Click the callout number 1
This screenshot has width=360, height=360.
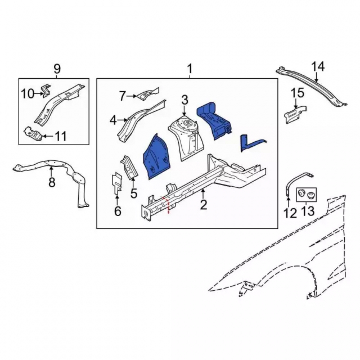click(190, 69)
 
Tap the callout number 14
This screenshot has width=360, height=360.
click(318, 67)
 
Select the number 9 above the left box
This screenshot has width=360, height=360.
click(57, 69)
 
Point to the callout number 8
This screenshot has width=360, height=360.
click(52, 182)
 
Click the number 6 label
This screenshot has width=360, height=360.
click(118, 211)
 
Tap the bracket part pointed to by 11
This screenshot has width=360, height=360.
click(33, 134)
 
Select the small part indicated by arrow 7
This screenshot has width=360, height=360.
click(148, 93)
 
